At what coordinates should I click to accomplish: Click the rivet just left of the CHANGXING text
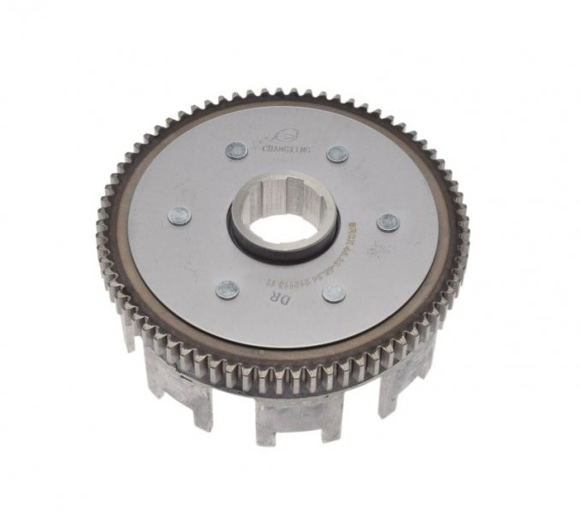click(236, 150)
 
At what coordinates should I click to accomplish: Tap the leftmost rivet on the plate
click(180, 216)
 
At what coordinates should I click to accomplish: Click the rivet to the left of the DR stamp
click(227, 290)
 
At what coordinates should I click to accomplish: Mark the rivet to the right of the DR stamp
click(334, 293)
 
